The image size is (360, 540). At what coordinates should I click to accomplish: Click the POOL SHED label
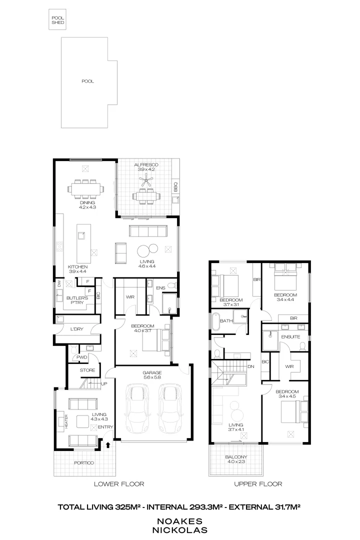58,20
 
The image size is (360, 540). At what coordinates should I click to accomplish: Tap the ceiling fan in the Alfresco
146,183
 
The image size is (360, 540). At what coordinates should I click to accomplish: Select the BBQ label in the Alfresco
175,187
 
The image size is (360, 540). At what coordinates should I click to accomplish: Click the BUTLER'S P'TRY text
77,300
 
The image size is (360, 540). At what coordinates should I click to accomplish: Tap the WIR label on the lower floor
130,297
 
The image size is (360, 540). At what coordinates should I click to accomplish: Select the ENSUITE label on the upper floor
290,336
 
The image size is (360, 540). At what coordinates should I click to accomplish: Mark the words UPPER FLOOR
258,484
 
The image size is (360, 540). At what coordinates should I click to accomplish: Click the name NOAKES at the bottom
179,520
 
